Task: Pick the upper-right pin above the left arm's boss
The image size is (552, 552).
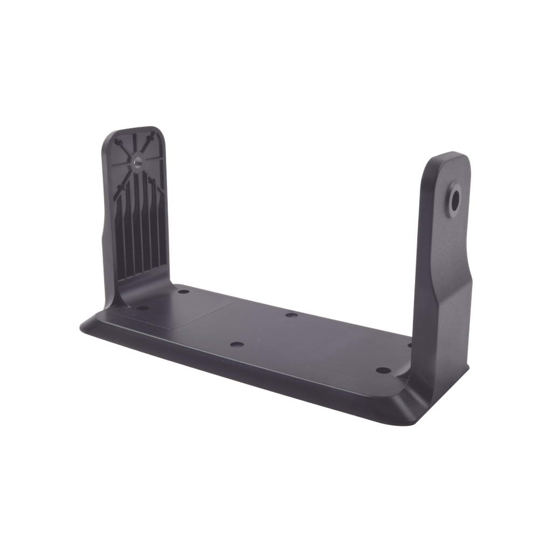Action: (x=151, y=138)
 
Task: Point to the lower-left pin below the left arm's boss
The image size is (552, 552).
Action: (x=122, y=187)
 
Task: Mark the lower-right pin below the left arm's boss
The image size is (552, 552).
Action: (x=153, y=181)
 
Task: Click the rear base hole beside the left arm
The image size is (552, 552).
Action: (x=183, y=292)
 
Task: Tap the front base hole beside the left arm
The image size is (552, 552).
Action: (x=142, y=308)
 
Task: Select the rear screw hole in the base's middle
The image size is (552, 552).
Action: (x=291, y=315)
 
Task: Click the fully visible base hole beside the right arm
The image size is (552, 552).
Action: (x=383, y=370)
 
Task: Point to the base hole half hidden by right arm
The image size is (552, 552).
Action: (x=410, y=345)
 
